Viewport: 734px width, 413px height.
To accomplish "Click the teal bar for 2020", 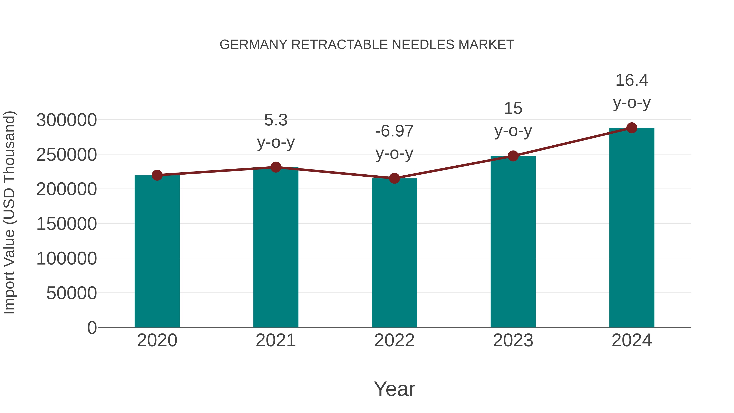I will coord(157,251).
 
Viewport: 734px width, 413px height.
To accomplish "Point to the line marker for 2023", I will coord(513,156).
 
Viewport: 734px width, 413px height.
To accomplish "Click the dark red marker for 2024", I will coord(632,128).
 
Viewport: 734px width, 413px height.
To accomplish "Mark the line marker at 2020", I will coord(157,175).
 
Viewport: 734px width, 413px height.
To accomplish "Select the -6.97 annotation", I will coord(394,131).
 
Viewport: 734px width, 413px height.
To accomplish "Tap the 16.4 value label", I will coord(632,80).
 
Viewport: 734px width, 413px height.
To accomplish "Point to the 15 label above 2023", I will coord(513,109).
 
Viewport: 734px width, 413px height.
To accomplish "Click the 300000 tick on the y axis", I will coord(67,120).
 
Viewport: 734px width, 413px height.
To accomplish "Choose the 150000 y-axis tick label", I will coord(67,224).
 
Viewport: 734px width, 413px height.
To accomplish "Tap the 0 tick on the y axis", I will coord(92,328).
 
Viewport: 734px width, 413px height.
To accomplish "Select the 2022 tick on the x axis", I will coord(394,340).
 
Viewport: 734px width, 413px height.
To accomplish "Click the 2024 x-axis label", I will coord(632,340).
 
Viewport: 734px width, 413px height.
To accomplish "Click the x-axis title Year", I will coord(394,389).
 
